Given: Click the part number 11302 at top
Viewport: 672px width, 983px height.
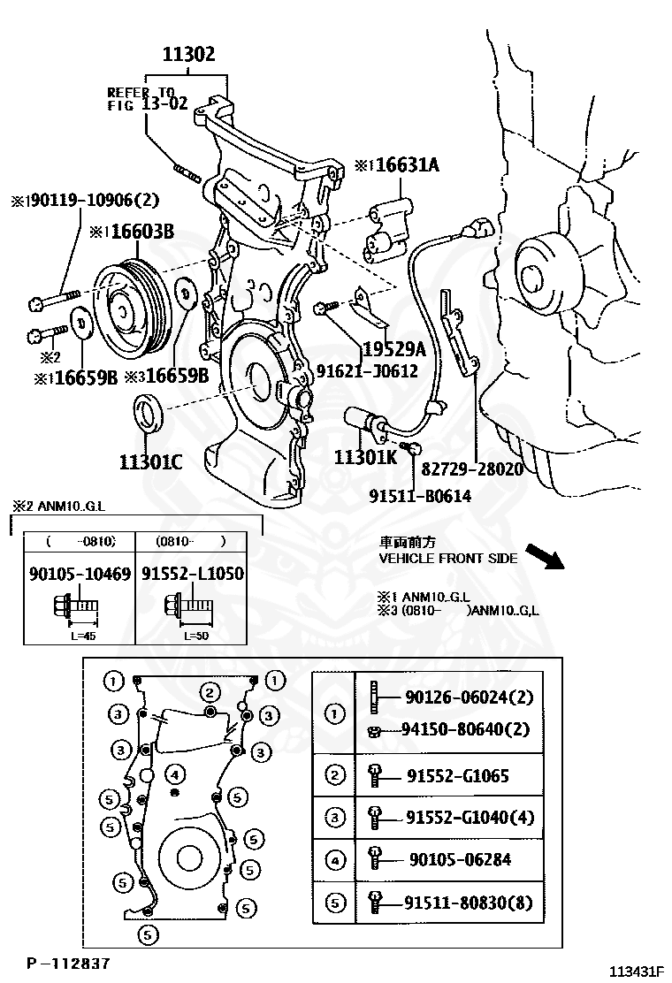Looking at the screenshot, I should click(x=187, y=54).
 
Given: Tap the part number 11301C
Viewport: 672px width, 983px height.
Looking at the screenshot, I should click(x=150, y=461).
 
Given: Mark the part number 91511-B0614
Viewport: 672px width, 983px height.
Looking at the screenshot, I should click(x=420, y=496).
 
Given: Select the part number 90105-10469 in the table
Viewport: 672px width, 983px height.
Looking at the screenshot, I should click(x=80, y=574).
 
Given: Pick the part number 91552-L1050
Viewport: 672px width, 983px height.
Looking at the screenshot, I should click(x=192, y=574).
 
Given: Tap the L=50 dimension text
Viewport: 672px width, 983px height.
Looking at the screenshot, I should click(x=196, y=636).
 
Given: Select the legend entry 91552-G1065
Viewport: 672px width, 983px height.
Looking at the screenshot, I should click(x=457, y=776).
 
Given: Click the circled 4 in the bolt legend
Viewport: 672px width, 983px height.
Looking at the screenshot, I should click(x=334, y=858).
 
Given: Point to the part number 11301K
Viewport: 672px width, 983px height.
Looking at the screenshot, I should click(x=365, y=457).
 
